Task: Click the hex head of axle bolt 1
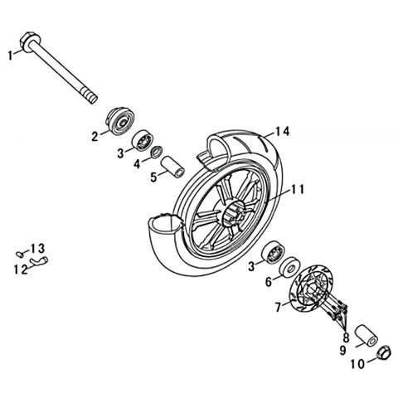[x=30, y=42]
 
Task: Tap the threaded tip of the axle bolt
[x=90, y=97]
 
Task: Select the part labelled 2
[x=120, y=122]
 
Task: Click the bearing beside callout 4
[x=142, y=141]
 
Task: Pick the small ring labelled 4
[x=157, y=152]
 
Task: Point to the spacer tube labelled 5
[x=172, y=167]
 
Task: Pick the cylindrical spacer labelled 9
[x=366, y=335]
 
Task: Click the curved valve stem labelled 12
[x=39, y=261]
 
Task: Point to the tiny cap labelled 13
[x=20, y=253]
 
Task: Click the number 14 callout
[x=283, y=132]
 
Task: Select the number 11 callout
[x=297, y=190]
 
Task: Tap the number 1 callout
[x=10, y=56]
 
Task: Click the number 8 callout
[x=346, y=337]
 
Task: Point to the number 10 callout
[x=358, y=364]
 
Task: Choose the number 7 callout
[x=279, y=307]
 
